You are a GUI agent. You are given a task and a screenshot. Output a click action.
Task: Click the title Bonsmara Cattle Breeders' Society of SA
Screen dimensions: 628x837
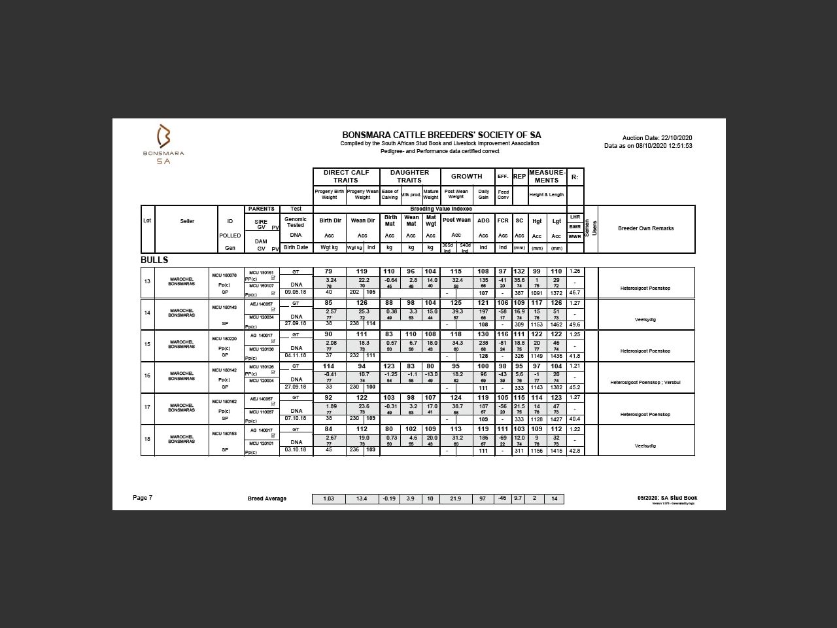tap(441, 135)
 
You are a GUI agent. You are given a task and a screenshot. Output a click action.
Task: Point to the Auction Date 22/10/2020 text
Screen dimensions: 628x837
tap(657, 138)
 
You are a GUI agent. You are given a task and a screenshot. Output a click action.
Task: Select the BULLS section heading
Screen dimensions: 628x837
tap(154, 260)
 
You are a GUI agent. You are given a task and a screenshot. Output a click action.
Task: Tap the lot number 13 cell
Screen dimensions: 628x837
tap(148, 281)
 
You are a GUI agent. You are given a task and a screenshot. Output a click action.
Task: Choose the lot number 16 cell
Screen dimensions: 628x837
tap(148, 376)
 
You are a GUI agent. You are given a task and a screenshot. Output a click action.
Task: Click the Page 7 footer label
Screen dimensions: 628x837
tap(143, 498)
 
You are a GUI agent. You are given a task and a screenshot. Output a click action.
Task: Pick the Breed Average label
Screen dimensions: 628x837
tap(267, 499)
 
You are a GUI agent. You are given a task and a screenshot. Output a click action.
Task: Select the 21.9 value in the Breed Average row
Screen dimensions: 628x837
tap(455, 499)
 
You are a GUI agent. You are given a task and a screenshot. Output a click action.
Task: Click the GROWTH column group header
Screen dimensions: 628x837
tap(467, 177)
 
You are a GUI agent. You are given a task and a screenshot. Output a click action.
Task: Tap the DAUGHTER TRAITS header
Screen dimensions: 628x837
tap(409, 177)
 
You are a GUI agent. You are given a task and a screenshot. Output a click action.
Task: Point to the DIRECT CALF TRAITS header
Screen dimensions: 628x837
tap(346, 177)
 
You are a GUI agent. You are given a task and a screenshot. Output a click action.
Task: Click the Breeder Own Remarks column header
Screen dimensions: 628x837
tap(645, 228)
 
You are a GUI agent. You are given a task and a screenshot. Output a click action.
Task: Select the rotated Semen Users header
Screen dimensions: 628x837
tap(591, 228)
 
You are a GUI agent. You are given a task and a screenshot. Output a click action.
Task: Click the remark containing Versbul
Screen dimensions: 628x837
tap(645, 383)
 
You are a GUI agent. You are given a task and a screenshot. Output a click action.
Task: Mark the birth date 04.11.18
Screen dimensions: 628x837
tap(296, 355)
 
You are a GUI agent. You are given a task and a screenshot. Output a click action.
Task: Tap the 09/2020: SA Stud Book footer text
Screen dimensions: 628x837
tap(667, 498)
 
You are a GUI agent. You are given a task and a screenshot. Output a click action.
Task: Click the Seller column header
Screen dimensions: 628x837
tap(187, 221)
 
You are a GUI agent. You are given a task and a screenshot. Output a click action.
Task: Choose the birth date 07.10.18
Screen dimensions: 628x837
tap(296, 419)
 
